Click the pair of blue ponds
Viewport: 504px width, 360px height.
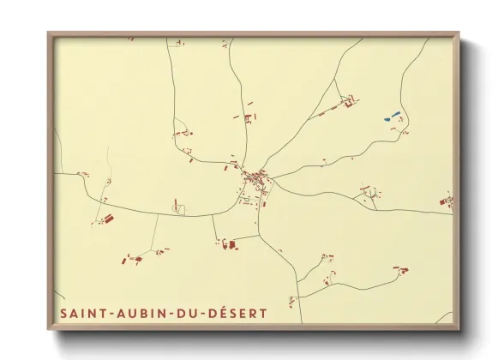(391, 116)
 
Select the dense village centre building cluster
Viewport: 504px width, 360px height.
(254, 179)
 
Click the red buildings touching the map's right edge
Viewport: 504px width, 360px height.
(446, 201)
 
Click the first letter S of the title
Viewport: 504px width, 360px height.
(63, 314)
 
